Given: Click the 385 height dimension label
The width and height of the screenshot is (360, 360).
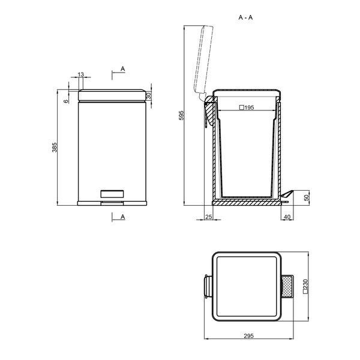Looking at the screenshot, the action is [55, 148].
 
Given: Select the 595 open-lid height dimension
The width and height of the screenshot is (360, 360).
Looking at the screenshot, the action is [181, 115].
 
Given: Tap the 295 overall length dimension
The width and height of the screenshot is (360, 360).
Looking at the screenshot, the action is [248, 336].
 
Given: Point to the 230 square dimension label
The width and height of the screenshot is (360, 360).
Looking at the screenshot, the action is [305, 286].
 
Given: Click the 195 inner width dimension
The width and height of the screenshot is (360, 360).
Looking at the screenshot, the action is [247, 107].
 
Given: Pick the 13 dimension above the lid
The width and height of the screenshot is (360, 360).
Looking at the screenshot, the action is [81, 74].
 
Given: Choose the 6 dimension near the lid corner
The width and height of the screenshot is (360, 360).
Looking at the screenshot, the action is [67, 101].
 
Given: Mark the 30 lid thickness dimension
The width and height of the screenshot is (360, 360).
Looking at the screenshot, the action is [149, 95].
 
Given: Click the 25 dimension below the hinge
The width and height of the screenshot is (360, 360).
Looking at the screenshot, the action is [208, 217].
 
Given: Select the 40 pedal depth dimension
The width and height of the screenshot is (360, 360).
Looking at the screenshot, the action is [287, 217].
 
